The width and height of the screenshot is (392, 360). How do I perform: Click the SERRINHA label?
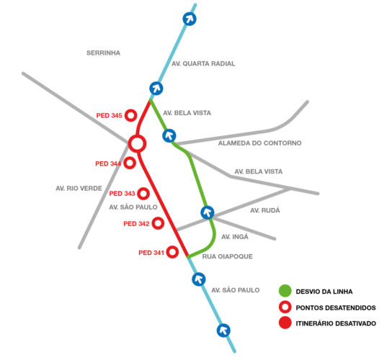[x=103, y=53]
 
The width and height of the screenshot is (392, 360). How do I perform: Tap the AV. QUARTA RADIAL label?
[x=203, y=63]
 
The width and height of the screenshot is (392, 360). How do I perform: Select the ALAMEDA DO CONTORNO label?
[x=259, y=143]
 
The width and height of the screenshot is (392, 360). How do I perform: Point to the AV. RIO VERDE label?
[x=79, y=189]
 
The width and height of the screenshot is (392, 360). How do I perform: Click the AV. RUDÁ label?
[x=265, y=210]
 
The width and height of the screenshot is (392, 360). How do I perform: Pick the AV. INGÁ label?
[x=235, y=237]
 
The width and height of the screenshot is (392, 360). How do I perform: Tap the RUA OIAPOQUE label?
[x=227, y=256]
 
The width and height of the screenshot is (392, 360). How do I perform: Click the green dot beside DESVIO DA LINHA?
[x=285, y=291]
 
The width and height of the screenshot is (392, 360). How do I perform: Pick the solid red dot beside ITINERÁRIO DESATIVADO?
[x=285, y=323]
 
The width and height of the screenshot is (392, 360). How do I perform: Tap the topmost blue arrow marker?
[x=190, y=19]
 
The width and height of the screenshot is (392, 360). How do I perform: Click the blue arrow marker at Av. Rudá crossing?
[x=208, y=212]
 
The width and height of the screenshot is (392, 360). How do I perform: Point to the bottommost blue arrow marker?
[x=223, y=330]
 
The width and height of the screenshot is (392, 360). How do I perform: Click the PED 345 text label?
[x=109, y=116]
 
